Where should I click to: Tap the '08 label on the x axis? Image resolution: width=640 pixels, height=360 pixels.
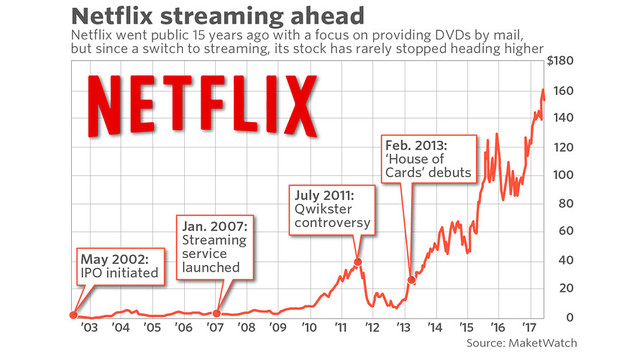[245, 328]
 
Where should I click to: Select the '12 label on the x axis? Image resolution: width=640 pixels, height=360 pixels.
[371, 328]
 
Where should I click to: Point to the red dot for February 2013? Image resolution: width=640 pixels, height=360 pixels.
[411, 279]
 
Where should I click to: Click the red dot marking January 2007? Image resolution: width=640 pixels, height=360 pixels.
[218, 314]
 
